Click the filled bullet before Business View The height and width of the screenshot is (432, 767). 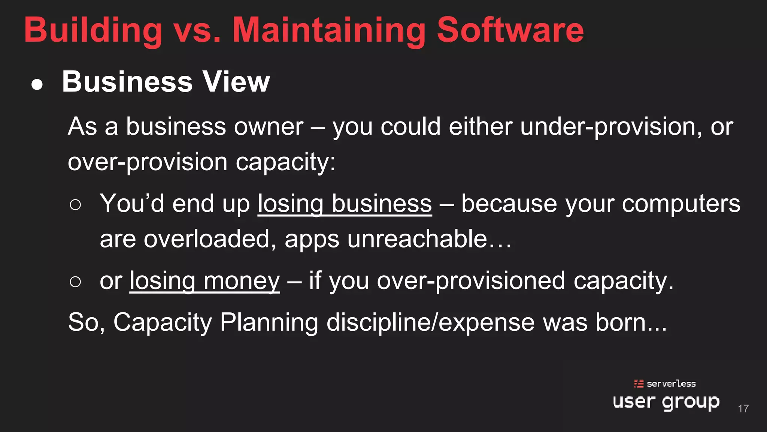coord(37,84)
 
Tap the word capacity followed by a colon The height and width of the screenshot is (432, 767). coord(285,162)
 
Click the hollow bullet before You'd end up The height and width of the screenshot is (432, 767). coord(75,205)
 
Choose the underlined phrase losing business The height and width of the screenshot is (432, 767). coord(345,204)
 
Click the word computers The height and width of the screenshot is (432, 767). coord(681,204)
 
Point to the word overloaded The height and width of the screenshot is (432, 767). coord(207,239)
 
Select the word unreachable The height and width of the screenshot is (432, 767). coord(417,239)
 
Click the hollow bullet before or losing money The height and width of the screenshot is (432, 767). coord(75,282)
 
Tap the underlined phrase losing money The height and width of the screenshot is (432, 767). coord(204,281)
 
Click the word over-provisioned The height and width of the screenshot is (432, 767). coord(471,281)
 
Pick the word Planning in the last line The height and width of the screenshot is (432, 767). coord(269,322)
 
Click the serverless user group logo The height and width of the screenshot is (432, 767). coord(666,396)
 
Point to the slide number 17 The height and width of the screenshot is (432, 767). coord(743,408)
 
